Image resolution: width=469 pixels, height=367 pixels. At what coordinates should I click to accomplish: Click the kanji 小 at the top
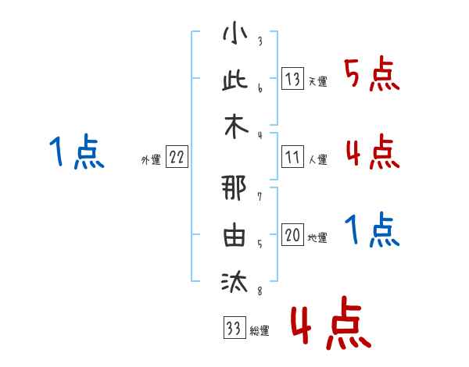(x=235, y=33)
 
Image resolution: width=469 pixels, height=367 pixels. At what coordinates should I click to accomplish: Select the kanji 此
(x=235, y=80)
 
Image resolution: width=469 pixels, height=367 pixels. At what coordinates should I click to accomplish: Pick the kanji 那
(x=234, y=187)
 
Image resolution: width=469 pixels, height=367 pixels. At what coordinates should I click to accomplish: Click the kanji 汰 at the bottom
(x=234, y=281)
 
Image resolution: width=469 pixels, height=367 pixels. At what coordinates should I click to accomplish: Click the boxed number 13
(x=292, y=79)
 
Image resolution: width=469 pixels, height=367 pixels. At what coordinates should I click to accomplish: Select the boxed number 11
(x=292, y=157)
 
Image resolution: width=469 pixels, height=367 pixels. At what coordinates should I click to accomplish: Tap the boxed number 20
(x=292, y=234)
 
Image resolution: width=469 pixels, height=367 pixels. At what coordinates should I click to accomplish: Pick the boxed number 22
(x=177, y=157)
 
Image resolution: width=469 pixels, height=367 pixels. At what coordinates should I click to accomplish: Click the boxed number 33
(x=234, y=327)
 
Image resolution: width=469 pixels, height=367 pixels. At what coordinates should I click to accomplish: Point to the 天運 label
(x=318, y=81)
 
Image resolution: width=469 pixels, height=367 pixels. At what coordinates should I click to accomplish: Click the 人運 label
(x=318, y=159)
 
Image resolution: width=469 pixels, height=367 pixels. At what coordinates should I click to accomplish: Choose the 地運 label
(x=317, y=237)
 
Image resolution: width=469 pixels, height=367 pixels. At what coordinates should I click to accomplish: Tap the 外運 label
(x=151, y=159)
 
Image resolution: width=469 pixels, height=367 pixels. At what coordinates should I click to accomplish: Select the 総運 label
(x=260, y=330)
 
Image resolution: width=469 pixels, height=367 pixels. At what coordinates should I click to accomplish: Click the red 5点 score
(x=372, y=73)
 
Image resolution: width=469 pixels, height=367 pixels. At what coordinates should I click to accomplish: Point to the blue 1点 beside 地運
(x=372, y=230)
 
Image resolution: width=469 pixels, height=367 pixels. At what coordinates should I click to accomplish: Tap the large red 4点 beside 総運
(x=331, y=322)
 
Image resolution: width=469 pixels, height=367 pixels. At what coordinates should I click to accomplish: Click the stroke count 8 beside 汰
(x=260, y=290)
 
